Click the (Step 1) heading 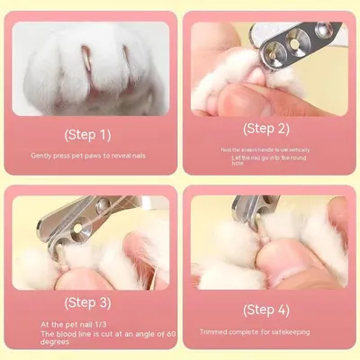pos(87,135)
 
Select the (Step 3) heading pos(87,301)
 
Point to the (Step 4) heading pos(265,309)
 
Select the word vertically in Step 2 pos(300,149)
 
